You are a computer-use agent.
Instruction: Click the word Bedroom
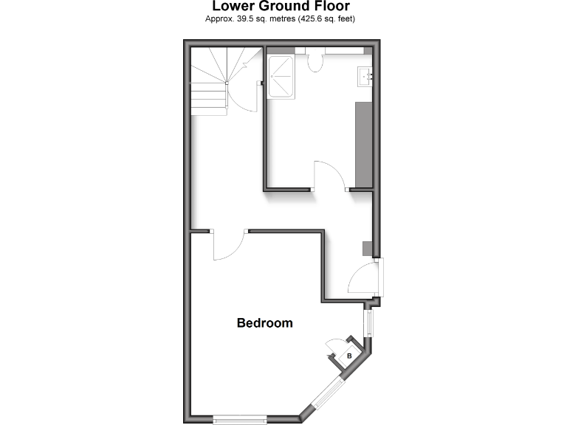[x=264, y=323]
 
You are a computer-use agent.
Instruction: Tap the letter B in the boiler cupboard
[x=350, y=357]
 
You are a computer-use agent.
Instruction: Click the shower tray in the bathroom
[x=281, y=75]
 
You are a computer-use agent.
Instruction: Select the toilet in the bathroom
[x=316, y=63]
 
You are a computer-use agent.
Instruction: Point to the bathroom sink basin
[x=365, y=75]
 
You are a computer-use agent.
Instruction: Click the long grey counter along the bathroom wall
[x=364, y=144]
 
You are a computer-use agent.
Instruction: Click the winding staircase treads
[x=210, y=81]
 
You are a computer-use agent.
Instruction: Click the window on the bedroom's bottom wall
[x=240, y=420]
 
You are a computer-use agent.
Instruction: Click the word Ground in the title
[x=286, y=7]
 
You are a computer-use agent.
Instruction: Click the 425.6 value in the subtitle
[x=310, y=20]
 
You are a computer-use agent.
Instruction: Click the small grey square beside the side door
[x=366, y=249]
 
